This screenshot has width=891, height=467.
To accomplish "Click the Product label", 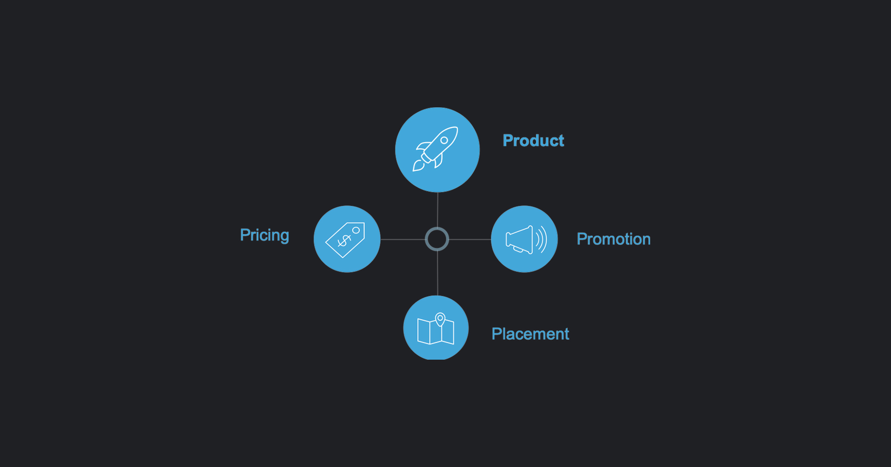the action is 533,140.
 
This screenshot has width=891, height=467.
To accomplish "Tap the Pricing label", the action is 265,235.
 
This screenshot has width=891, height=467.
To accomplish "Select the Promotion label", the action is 613,239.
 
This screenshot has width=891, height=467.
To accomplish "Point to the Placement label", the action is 530,334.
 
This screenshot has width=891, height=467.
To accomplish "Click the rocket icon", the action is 435,149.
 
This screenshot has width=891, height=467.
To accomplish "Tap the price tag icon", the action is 345,240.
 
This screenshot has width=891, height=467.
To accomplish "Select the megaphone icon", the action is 526,240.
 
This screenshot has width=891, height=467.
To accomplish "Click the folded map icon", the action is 436,329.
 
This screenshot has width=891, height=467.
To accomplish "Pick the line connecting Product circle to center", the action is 438,210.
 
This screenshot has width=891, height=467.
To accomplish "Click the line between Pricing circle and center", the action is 403,239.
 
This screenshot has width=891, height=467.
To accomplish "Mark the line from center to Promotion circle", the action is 470,239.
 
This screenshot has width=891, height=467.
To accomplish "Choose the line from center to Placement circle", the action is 438,273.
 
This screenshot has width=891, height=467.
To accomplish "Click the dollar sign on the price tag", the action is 344,241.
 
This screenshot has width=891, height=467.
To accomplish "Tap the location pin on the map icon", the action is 440,319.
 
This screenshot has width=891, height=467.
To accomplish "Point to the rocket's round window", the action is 444,140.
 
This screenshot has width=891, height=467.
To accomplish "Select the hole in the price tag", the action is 356,230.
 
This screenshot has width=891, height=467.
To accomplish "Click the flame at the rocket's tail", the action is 418,166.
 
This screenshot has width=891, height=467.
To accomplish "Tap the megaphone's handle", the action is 518,250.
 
